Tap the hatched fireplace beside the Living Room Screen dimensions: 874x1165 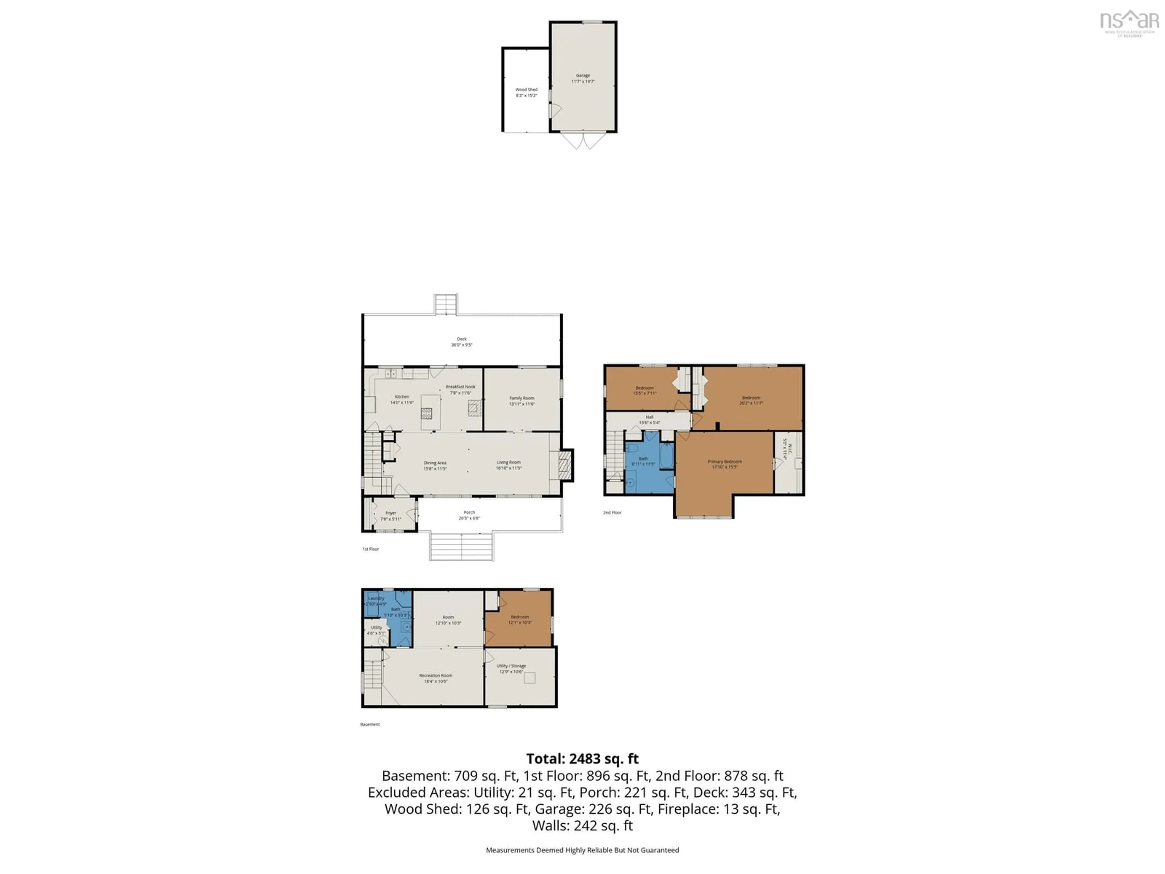click(x=565, y=465)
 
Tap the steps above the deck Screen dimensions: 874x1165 click(x=446, y=304)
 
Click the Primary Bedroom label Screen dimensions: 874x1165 click(x=725, y=464)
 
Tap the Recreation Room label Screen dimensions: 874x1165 click(x=436, y=678)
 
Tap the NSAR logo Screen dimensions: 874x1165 click(x=1129, y=22)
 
